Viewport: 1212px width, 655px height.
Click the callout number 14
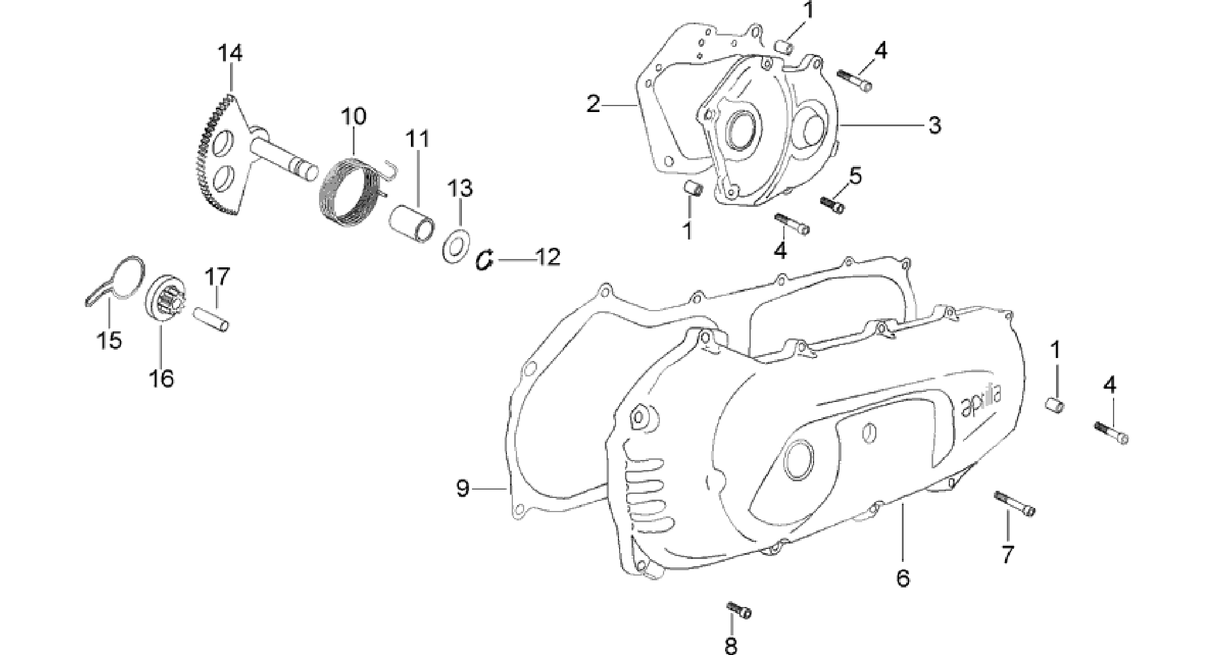229,53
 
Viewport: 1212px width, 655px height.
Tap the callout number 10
353,116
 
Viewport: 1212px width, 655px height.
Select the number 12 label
547,258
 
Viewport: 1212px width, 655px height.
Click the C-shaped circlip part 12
486,260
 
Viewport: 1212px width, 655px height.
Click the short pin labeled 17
212,319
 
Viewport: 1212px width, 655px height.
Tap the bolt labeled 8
739,609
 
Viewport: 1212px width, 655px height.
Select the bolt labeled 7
1015,504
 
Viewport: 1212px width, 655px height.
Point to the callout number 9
463,488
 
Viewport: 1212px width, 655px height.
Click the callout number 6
902,577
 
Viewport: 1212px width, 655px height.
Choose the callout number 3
934,125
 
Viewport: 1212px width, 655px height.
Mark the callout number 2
593,104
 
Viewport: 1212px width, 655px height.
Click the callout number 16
162,377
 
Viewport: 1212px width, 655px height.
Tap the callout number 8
731,645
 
